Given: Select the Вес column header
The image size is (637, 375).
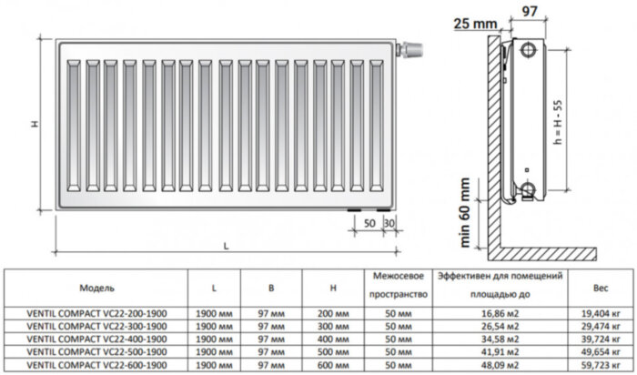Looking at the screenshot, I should (x=600, y=287).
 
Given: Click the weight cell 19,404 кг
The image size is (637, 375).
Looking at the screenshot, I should (x=600, y=313).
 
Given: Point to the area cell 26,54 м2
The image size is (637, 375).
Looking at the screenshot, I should (x=497, y=325).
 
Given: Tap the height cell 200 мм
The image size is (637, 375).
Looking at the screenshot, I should (x=334, y=313).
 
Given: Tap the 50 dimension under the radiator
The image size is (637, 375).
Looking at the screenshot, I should (x=370, y=223).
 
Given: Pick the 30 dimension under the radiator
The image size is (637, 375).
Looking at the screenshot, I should (x=389, y=223).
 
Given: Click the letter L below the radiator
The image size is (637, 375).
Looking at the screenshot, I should (x=224, y=247).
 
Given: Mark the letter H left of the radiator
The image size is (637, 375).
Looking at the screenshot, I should (x=32, y=124).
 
